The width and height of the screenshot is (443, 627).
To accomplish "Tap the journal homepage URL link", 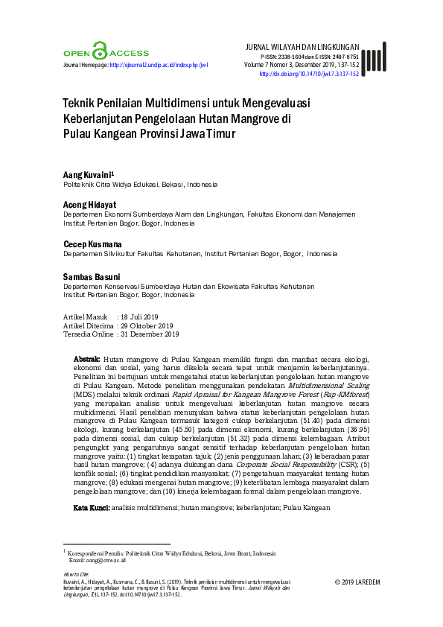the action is coord(159,66).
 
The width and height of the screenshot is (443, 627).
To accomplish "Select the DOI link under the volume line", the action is coord(308,74).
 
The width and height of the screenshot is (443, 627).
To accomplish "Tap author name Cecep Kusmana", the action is coord(93,244).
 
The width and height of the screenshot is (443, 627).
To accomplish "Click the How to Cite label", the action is coord(76,574).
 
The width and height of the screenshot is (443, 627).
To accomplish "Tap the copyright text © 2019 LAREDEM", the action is coord(357,582).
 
